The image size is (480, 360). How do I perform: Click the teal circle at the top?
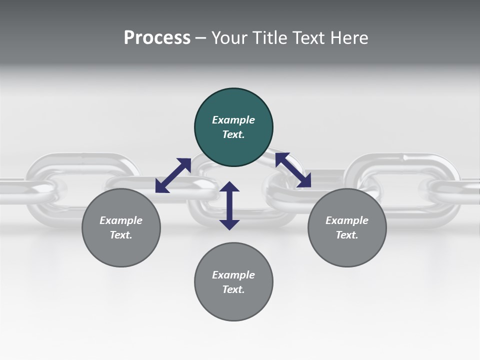(233, 127)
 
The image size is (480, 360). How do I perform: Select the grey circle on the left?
(121, 227)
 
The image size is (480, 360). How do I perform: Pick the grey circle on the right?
(347, 227)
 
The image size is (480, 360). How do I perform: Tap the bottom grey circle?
(233, 282)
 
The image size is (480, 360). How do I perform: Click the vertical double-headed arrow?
(229, 205)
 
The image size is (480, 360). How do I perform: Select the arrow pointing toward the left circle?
(173, 175)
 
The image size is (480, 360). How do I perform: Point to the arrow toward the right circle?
(293, 170)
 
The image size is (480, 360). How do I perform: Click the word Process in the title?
(157, 37)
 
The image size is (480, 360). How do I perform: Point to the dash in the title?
(200, 38)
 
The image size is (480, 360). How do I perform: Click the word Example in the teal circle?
(233, 120)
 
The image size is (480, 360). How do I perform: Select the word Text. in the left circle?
(121, 235)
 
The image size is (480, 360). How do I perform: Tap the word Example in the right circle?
(347, 220)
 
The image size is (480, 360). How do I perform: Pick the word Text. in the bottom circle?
(233, 289)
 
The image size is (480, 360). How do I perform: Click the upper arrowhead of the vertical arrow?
(229, 187)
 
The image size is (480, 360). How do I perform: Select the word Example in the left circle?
(121, 220)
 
